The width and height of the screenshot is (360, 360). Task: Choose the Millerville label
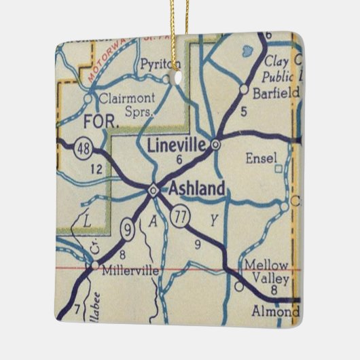(x=128, y=270)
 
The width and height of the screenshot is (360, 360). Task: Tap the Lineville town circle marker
(x=215, y=144)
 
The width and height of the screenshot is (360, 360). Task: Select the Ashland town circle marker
(x=154, y=190)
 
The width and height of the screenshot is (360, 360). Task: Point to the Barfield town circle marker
(x=243, y=88)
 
